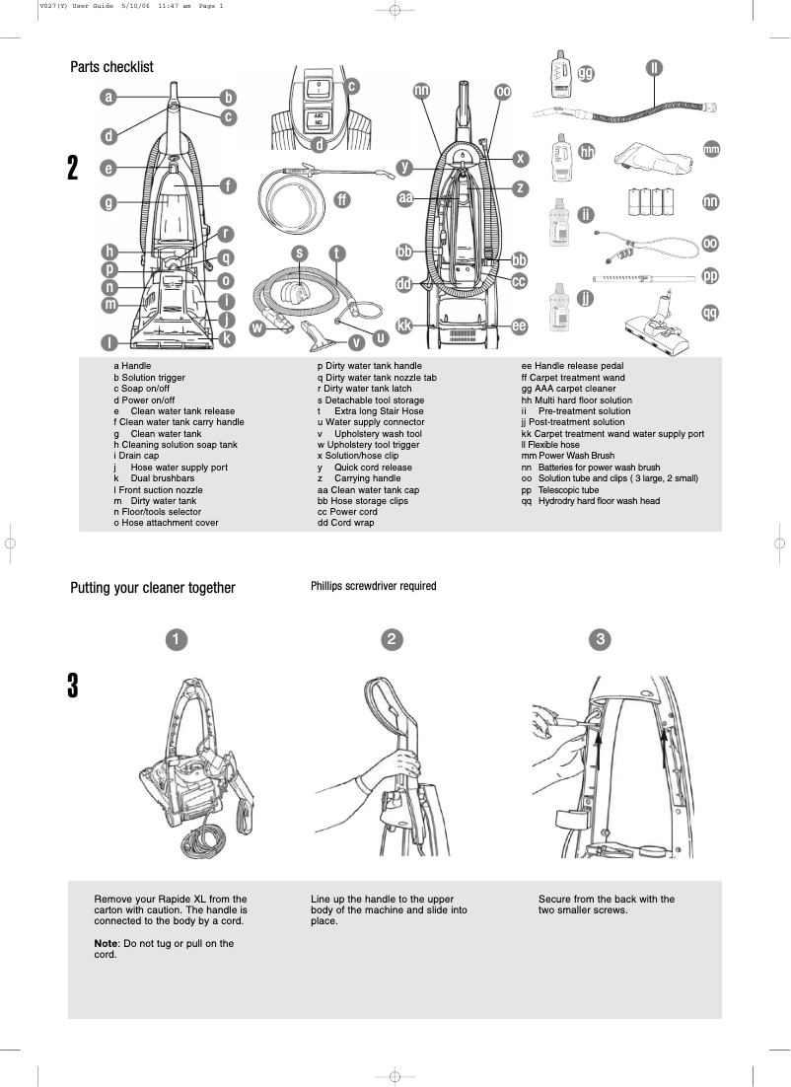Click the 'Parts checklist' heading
pyautogui.click(x=111, y=67)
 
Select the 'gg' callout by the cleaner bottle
pyautogui.click(x=586, y=73)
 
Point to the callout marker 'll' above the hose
pyautogui.click(x=654, y=67)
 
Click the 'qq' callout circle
pyautogui.click(x=710, y=313)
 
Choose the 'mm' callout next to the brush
pyautogui.click(x=711, y=149)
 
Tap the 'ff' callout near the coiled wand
pyautogui.click(x=341, y=199)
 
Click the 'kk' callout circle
pyautogui.click(x=404, y=326)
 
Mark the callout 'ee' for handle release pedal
pyautogui.click(x=519, y=326)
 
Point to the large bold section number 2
pyautogui.click(x=73, y=169)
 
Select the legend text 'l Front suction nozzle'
pyautogui.click(x=158, y=489)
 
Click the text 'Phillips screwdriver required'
pyautogui.click(x=373, y=586)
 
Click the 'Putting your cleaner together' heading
pyautogui.click(x=153, y=588)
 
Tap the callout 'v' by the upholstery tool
pyautogui.click(x=356, y=342)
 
